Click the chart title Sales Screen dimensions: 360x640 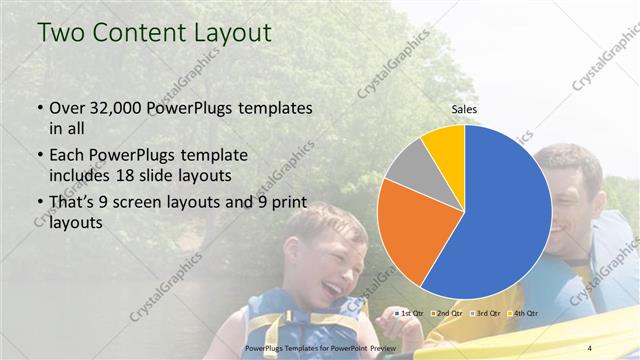pyautogui.click(x=464, y=108)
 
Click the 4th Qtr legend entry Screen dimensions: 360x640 pyautogui.click(x=523, y=314)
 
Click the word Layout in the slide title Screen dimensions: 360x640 pyautogui.click(x=232, y=32)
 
